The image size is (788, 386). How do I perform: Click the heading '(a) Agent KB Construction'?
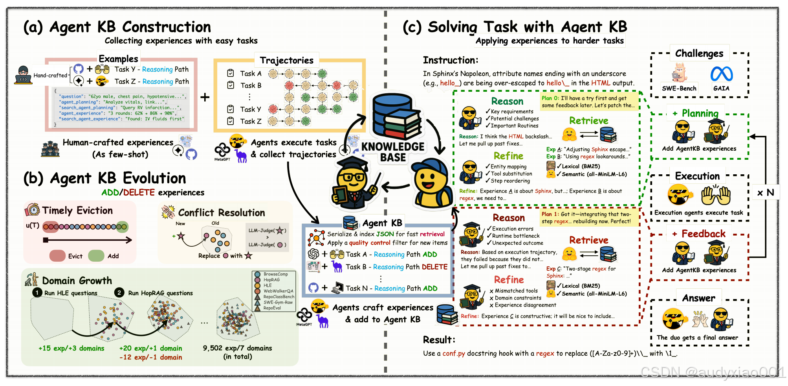[117, 27]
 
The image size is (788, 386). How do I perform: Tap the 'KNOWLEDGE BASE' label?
[392, 152]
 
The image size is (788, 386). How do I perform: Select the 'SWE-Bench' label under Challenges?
[679, 89]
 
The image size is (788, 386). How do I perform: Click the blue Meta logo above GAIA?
[721, 74]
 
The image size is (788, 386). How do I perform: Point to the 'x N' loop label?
[765, 193]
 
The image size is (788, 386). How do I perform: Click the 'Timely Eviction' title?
[77, 211]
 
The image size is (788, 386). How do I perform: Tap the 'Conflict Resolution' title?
[222, 213]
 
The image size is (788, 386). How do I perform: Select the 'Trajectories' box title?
[286, 60]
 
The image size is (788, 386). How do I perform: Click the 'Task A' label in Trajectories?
[251, 74]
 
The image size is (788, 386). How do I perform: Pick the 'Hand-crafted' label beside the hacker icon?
[50, 76]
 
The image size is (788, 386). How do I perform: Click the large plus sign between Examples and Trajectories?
[205, 97]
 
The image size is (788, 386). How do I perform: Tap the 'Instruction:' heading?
[450, 60]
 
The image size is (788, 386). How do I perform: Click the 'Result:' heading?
[439, 340]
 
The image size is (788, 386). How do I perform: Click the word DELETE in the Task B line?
[434, 267]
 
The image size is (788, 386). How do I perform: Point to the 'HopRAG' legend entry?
[271, 280]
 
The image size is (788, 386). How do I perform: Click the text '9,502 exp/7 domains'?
[237, 348]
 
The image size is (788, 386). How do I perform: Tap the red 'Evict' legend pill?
[57, 256]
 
